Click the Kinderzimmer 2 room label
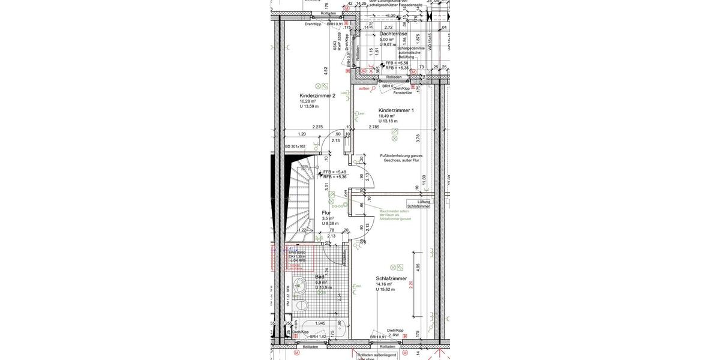(x=317, y=95)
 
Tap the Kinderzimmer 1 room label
(x=395, y=110)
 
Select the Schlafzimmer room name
(x=391, y=278)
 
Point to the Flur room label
(x=326, y=212)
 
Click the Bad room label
(x=320, y=277)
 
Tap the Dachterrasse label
(x=393, y=34)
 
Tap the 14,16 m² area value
(x=387, y=284)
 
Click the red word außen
(x=364, y=88)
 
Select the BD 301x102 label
(x=295, y=146)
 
